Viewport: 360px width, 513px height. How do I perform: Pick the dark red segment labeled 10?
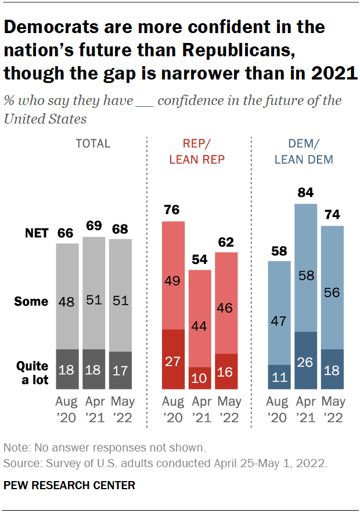click(200, 378)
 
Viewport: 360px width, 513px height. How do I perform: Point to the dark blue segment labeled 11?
click(279, 377)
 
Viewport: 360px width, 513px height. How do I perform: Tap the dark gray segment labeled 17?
click(121, 370)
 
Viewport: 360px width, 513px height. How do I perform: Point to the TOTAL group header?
click(93, 143)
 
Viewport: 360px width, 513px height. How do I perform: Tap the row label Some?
click(32, 302)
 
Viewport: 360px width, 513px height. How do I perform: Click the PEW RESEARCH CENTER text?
click(69, 486)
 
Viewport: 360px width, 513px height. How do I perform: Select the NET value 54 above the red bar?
click(200, 259)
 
